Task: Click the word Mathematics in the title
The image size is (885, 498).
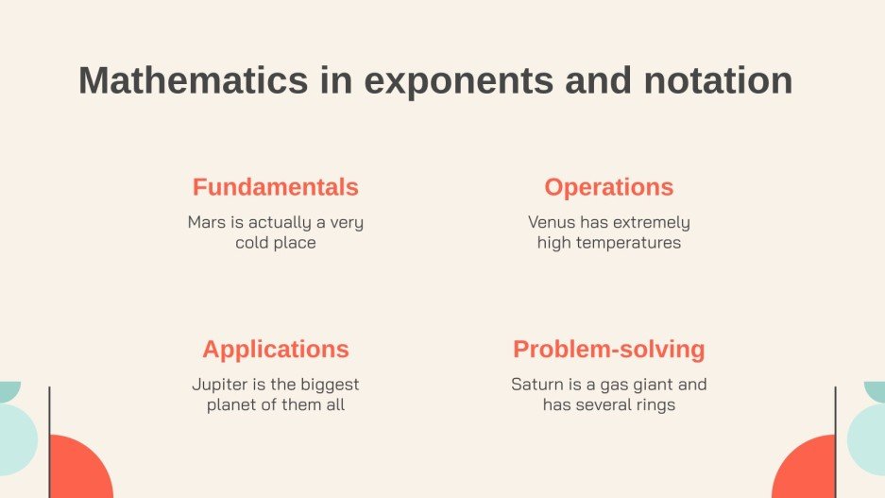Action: click(193, 81)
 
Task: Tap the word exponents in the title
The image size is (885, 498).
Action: click(458, 81)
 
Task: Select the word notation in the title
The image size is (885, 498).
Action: click(718, 81)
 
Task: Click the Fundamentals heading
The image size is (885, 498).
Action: click(275, 187)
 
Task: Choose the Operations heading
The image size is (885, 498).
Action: click(609, 187)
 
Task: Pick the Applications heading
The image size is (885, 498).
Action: click(275, 350)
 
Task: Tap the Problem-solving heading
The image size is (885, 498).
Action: click(609, 350)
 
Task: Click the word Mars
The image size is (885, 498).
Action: click(206, 223)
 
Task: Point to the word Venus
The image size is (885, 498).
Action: click(552, 223)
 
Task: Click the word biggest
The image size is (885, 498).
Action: click(328, 386)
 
